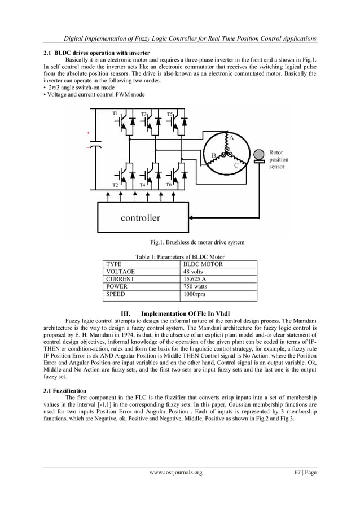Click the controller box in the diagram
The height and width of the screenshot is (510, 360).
pos(140,217)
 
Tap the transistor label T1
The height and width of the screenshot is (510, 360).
pos(115,114)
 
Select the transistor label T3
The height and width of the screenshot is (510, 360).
pos(143,115)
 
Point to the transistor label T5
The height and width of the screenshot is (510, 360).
pos(169,114)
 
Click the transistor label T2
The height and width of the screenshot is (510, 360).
pos(115,185)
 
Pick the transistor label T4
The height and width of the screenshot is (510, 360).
pos(142,185)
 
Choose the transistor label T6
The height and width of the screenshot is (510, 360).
pos(169,185)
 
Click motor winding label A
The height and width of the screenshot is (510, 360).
pos(230,137)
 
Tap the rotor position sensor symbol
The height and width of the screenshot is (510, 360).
pos(259,155)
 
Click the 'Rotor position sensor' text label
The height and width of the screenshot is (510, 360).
pos(279,160)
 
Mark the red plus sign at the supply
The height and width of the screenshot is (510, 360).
pos(88,133)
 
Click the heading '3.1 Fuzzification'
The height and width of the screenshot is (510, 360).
pos(65,390)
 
